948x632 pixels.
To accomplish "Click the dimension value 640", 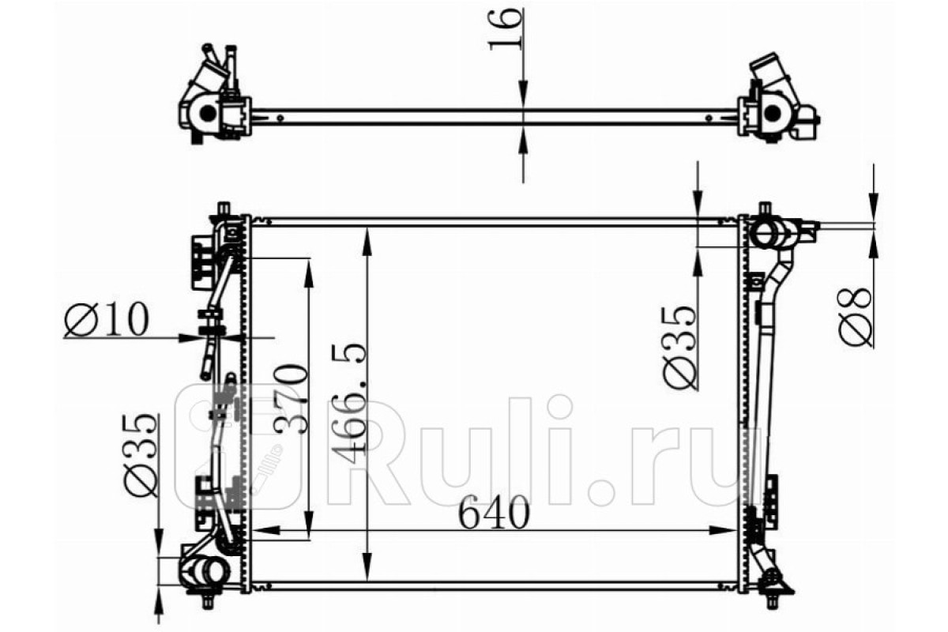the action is pos(494,513).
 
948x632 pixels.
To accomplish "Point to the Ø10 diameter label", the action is pos(107,319).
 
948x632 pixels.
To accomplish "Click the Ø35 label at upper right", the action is pos(679,346).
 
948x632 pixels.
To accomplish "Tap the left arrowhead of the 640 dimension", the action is pos(266,530).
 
